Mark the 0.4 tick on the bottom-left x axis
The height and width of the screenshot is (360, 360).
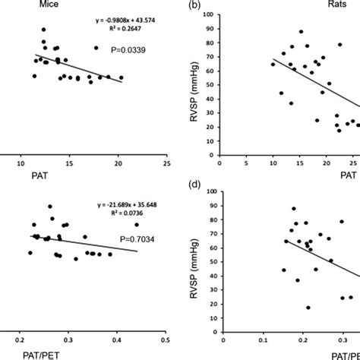[x=117, y=332]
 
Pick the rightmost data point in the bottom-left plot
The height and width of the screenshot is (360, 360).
[x=137, y=224]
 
